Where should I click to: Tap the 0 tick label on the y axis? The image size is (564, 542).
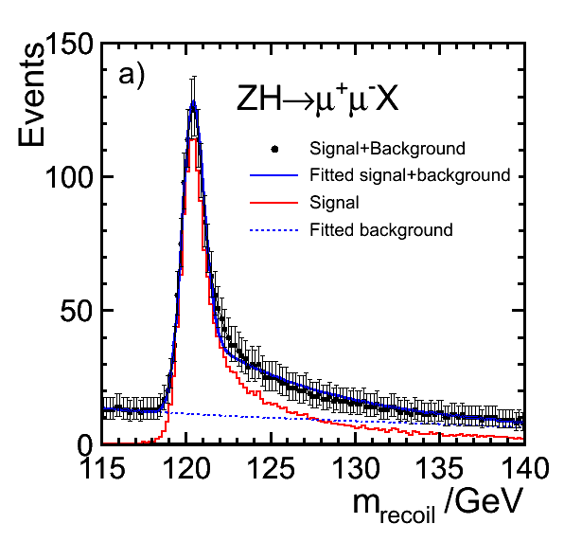click(85, 446)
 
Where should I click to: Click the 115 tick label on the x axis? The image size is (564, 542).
click(104, 468)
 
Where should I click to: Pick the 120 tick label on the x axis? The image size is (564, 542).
click(186, 468)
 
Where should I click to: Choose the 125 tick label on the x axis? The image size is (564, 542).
click(271, 468)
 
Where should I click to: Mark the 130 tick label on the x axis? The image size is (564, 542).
click(356, 468)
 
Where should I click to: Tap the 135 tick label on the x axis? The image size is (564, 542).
click(439, 468)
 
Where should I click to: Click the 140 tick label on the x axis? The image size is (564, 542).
click(524, 468)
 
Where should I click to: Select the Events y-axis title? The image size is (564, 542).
click(31, 95)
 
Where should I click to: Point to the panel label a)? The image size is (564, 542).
click(132, 77)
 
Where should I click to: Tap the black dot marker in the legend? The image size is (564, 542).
click(274, 149)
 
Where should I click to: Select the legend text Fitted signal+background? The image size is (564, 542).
click(410, 175)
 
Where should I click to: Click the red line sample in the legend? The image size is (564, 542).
click(274, 203)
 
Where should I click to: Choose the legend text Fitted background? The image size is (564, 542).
click(381, 229)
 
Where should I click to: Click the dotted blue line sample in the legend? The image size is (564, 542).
click(274, 230)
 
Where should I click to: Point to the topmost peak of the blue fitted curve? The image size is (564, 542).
click(193, 102)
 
